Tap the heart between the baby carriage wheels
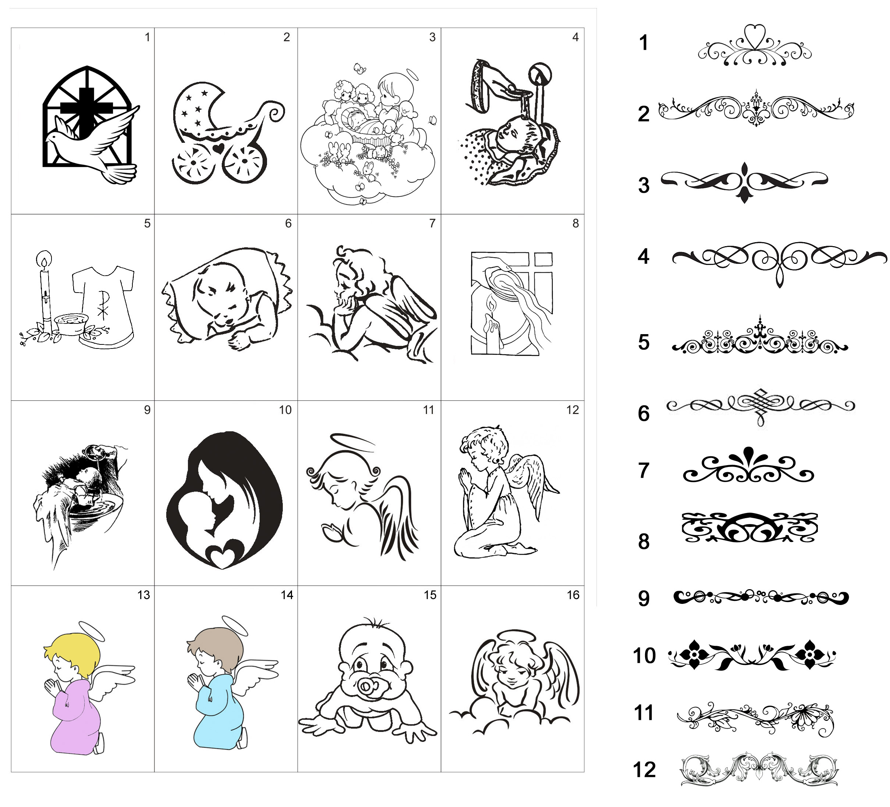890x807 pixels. click(x=218, y=149)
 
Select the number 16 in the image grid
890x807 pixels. click(x=573, y=595)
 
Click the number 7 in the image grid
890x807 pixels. click(x=432, y=223)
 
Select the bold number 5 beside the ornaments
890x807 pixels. click(x=644, y=342)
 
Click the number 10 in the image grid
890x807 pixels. click(x=285, y=410)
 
